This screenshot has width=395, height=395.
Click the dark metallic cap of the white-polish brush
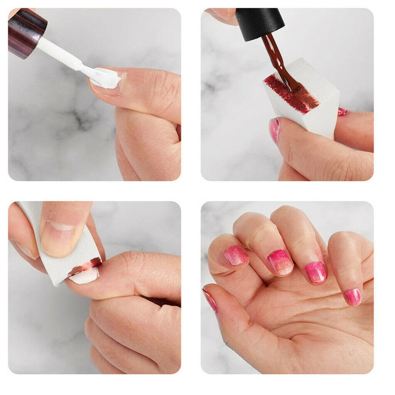26,31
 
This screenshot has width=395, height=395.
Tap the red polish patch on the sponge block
291,94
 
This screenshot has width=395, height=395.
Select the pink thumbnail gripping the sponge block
274,130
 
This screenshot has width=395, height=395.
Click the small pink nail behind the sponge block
342,112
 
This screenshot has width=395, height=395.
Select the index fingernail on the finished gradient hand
236,255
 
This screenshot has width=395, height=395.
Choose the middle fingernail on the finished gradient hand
280,262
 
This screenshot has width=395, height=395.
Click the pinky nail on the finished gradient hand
353,297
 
